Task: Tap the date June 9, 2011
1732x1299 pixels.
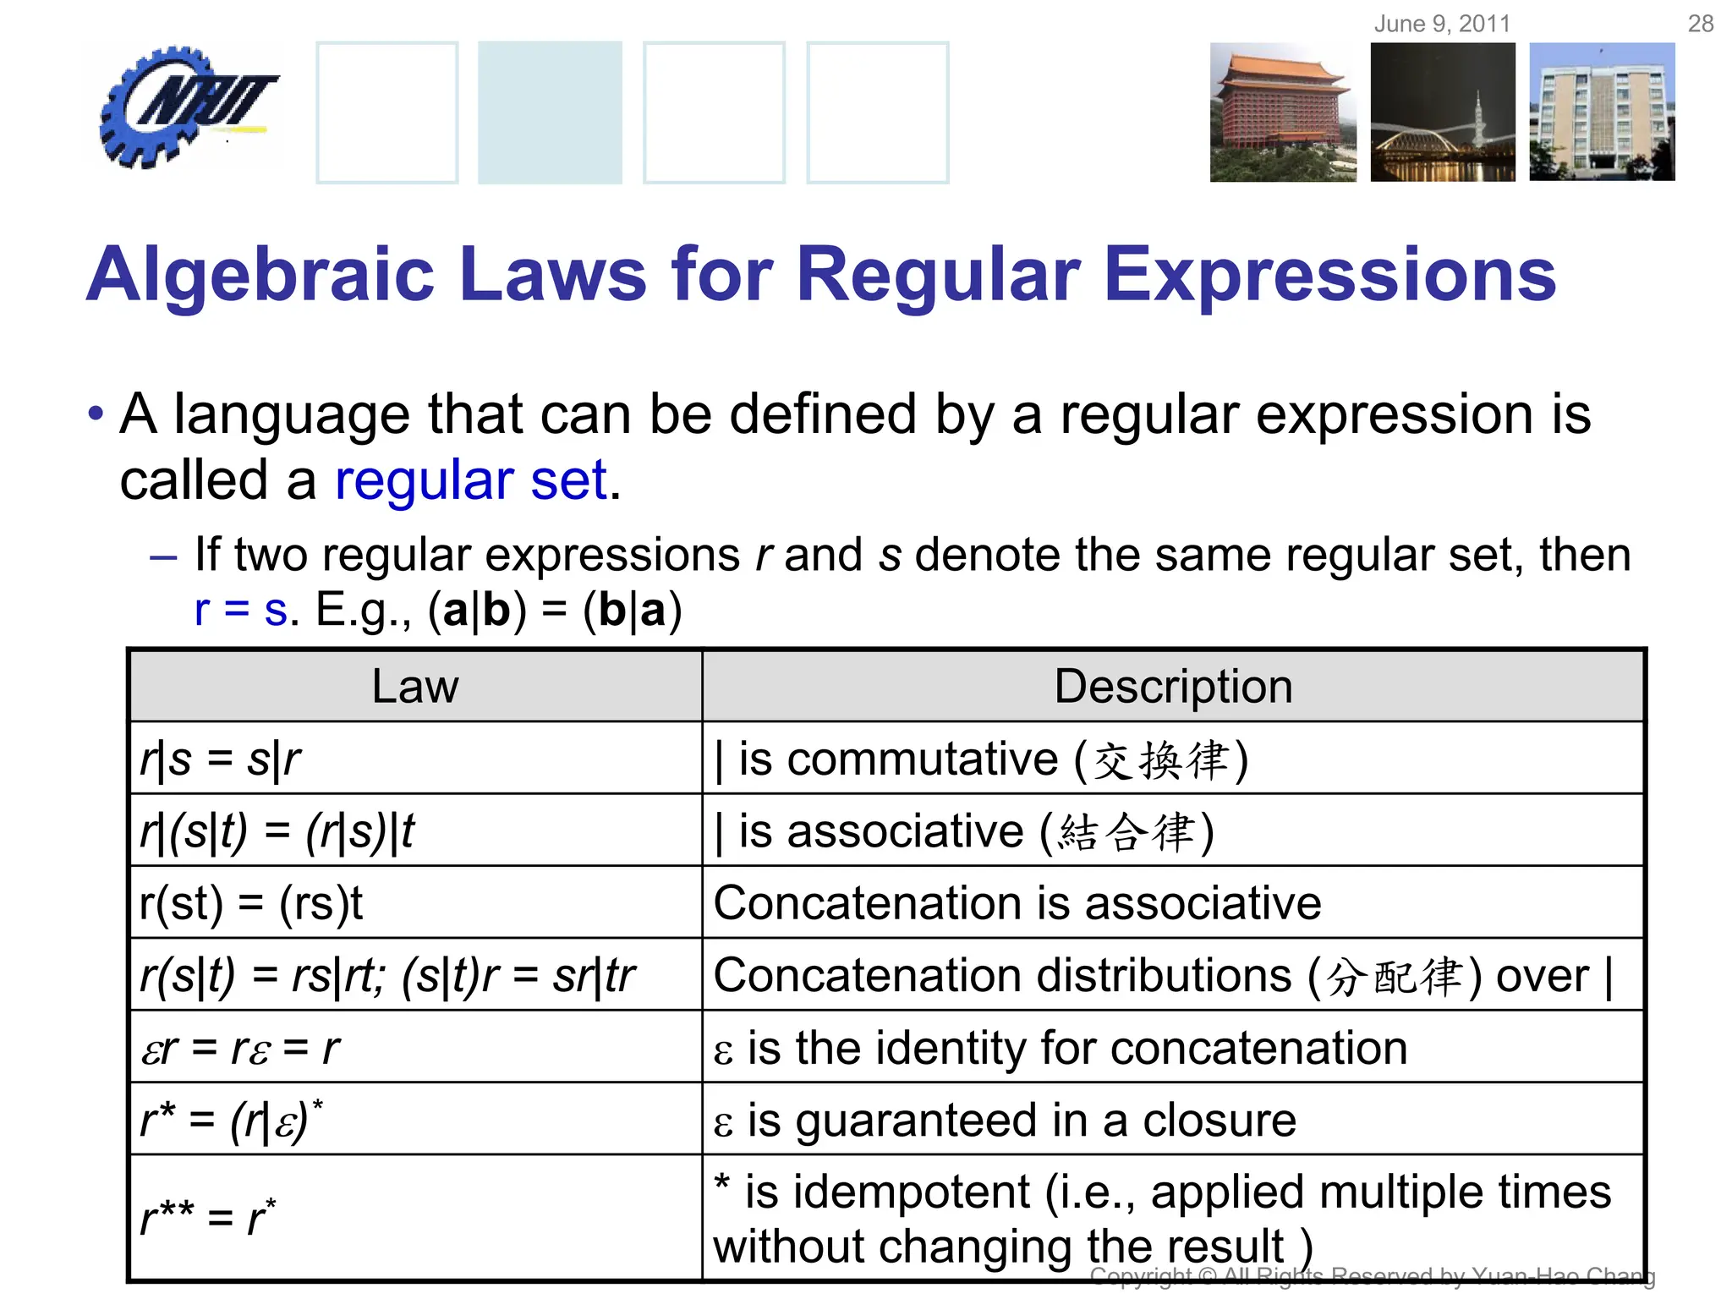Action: (x=1441, y=24)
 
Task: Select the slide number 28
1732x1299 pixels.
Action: (x=1700, y=24)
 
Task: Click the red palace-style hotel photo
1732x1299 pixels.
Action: (x=1282, y=112)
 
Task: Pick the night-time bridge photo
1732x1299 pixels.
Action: (x=1442, y=112)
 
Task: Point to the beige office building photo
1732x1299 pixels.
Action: (x=1602, y=112)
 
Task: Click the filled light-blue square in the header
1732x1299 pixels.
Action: (x=550, y=112)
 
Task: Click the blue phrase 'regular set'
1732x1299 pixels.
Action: (x=471, y=480)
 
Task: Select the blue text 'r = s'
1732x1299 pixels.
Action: (x=241, y=610)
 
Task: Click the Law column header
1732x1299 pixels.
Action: (x=415, y=686)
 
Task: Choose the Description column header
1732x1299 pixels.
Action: (x=1173, y=686)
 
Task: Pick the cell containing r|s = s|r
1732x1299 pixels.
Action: (x=415, y=759)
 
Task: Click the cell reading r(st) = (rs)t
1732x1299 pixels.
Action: (x=415, y=903)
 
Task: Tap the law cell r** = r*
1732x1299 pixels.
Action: (x=415, y=1218)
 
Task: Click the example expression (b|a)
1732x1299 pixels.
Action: (x=632, y=610)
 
